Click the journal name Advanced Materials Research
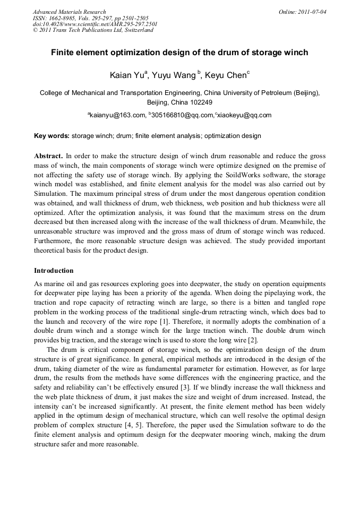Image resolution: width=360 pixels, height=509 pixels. [x=69, y=12]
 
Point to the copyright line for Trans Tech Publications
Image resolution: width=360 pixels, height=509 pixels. [x=93, y=30]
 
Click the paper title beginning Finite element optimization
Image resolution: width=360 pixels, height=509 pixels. [x=179, y=53]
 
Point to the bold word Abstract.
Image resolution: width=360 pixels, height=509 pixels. [x=48, y=156]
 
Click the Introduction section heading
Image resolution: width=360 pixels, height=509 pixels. [x=54, y=271]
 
